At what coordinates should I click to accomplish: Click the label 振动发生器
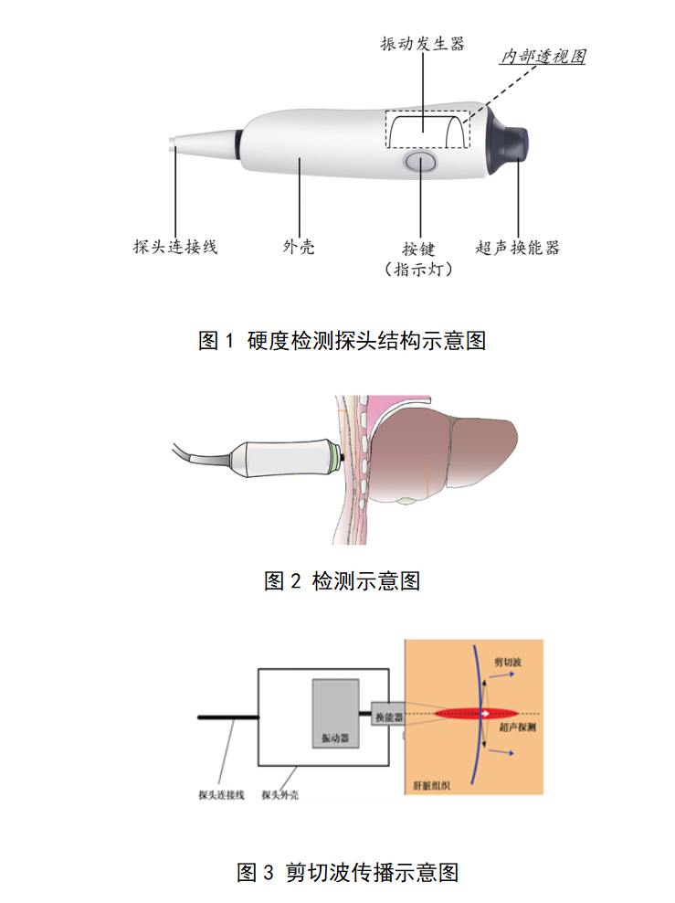coord(422,44)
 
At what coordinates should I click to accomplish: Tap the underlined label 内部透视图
coord(542,57)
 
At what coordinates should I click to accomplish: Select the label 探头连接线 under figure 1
coord(175,247)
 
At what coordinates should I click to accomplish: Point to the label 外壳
coord(299,247)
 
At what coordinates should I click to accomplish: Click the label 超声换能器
coord(518,247)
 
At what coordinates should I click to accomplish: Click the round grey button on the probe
coord(420,163)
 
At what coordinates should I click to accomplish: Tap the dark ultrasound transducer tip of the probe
coord(511,140)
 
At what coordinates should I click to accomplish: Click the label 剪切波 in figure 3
coord(508,661)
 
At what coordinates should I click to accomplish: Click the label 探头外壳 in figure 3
coord(280,795)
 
